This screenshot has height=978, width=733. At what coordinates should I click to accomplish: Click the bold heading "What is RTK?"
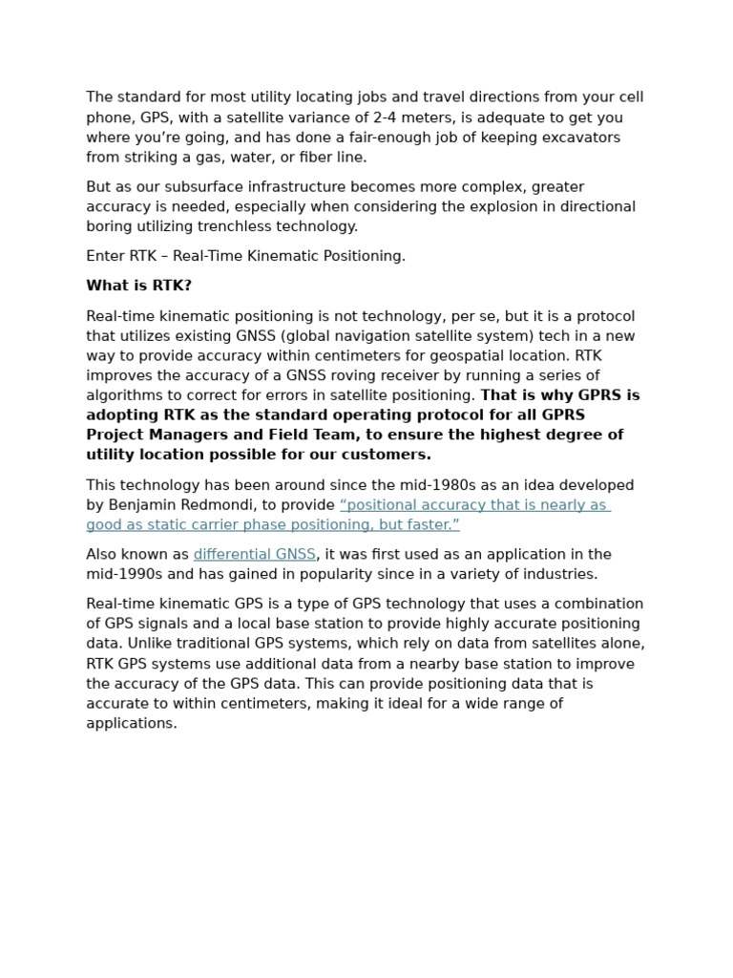138,286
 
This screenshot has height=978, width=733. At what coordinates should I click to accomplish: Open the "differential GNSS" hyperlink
254,554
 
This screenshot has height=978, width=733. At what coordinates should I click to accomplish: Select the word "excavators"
581,138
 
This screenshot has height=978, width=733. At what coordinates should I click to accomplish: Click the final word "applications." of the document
132,723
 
